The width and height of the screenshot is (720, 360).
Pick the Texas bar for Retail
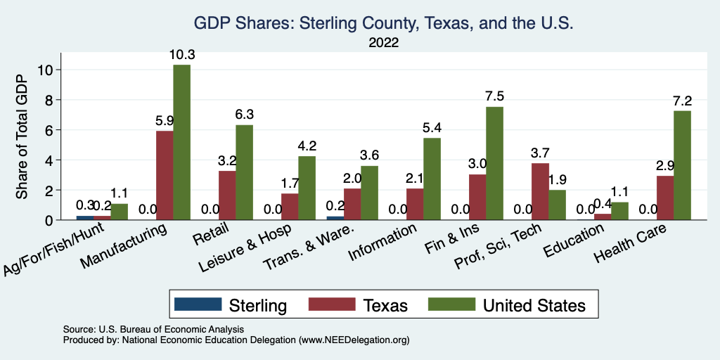227,195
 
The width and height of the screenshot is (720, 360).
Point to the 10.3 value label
181,54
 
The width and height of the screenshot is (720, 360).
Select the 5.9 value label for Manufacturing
165,120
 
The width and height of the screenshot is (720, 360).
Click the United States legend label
534,305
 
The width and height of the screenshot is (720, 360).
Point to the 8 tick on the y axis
49,100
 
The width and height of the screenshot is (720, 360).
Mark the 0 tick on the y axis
49,220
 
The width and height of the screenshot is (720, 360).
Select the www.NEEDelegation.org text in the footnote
354,340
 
